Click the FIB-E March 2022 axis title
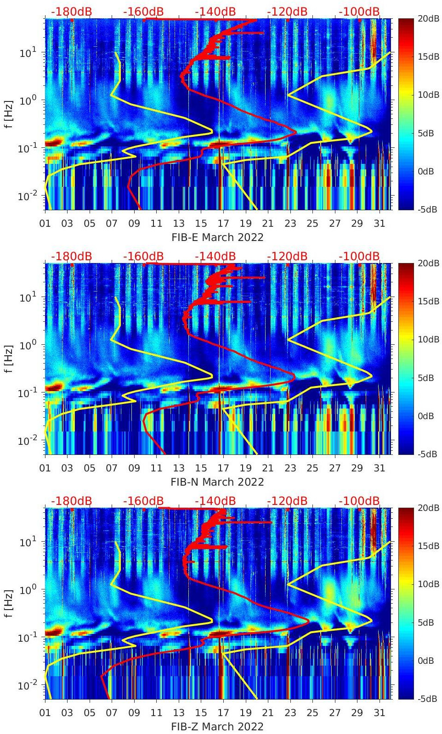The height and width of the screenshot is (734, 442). pyautogui.click(x=217, y=237)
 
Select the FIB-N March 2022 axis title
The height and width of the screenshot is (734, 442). pyautogui.click(x=217, y=482)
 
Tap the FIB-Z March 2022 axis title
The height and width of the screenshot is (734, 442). pyautogui.click(x=217, y=727)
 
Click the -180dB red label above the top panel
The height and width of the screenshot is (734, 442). pyautogui.click(x=71, y=11)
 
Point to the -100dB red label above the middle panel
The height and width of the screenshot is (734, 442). pyautogui.click(x=359, y=256)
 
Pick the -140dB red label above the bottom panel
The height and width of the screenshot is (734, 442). pyautogui.click(x=215, y=501)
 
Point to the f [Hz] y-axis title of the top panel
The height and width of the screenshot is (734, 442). pyautogui.click(x=9, y=114)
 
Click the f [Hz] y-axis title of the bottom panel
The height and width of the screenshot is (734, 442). pyautogui.click(x=9, y=603)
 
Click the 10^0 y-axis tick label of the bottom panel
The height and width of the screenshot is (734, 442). pyautogui.click(x=27, y=589)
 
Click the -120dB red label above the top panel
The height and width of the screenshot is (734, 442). pyautogui.click(x=287, y=11)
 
